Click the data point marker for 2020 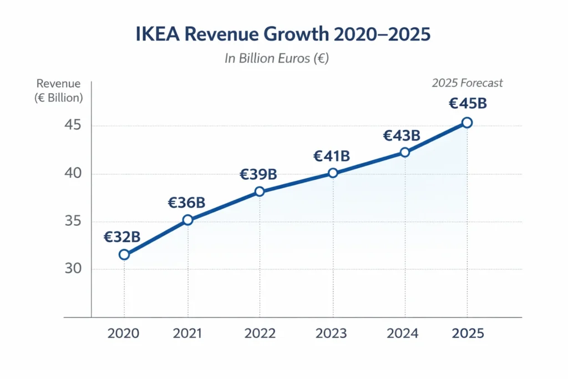coord(124,255)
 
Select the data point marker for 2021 coord(187,220)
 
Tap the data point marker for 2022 coord(259,191)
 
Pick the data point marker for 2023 coord(333,173)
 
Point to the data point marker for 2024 coord(404,152)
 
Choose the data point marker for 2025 coord(467,123)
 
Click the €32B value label coord(122,237)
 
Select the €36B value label coord(186,203)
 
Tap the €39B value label coord(258,174)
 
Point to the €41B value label coord(331,156)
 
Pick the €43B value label coord(402,135)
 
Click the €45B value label coord(467,104)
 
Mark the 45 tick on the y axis coord(72,125)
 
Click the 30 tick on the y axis coord(72,269)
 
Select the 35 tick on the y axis coord(72,221)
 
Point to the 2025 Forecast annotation coord(467,83)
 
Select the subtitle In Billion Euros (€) coord(277,58)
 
